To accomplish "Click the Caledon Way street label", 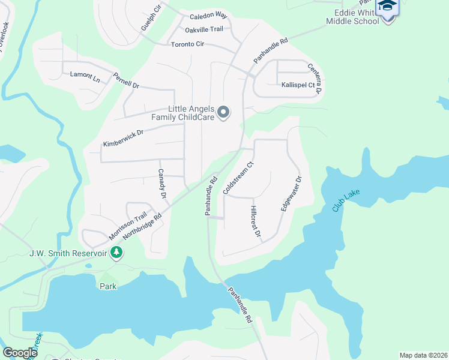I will pyautogui.click(x=208, y=17).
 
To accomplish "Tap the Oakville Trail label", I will pyautogui.click(x=203, y=29).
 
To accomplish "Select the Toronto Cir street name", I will pyautogui.click(x=188, y=44).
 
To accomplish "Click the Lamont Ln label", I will pyautogui.click(x=85, y=75).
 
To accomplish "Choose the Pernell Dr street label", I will pyautogui.click(x=126, y=81).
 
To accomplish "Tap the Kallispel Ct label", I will pyautogui.click(x=298, y=85).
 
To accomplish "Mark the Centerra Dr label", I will pyautogui.click(x=315, y=79).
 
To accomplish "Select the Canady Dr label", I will pyautogui.click(x=161, y=184).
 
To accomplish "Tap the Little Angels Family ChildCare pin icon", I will pyautogui.click(x=223, y=112).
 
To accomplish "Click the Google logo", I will pyautogui.click(x=20, y=353).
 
